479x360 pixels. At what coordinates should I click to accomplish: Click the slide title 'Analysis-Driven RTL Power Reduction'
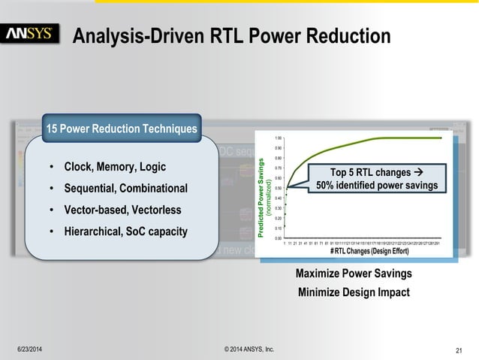coord(231,35)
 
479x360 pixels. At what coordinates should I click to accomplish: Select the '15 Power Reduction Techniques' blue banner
coord(122,130)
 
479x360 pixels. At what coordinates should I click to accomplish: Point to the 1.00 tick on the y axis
coord(278,138)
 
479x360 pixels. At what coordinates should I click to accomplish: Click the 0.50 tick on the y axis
coord(278,189)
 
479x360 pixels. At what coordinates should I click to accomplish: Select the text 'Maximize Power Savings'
coord(354,274)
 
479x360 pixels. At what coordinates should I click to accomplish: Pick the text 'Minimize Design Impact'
coord(354,292)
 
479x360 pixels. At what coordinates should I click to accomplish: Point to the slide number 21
coord(459,350)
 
